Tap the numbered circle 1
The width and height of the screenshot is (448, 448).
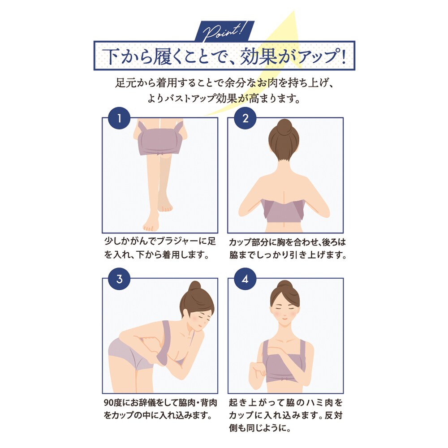tap(119, 119)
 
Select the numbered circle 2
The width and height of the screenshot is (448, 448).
tap(245, 119)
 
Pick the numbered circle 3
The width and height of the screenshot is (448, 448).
tap(119, 279)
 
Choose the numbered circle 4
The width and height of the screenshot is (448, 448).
tap(245, 279)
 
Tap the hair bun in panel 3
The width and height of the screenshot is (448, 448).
tap(194, 287)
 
